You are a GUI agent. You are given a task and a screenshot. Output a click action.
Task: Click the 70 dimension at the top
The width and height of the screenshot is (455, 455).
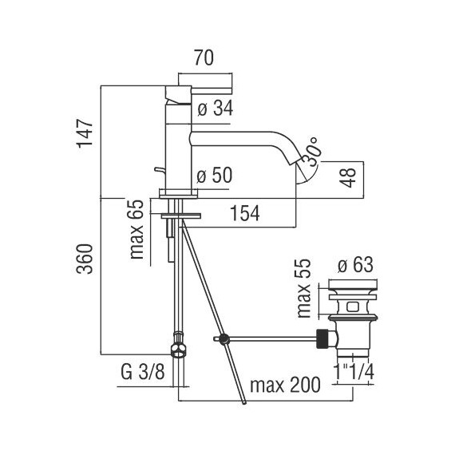[x=204, y=57]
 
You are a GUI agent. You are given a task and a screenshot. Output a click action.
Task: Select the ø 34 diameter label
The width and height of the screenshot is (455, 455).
[x=216, y=109]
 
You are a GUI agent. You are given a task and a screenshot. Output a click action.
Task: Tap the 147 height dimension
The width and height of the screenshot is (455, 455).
[x=85, y=133]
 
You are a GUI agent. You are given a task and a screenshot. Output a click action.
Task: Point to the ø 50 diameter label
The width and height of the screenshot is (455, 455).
[x=215, y=176]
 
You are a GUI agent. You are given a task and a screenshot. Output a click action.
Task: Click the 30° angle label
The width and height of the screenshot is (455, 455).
[x=311, y=152]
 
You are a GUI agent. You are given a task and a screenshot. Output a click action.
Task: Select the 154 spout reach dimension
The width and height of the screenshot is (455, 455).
[x=244, y=213]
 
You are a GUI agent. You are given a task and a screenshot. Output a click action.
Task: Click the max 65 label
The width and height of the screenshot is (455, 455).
[x=136, y=229]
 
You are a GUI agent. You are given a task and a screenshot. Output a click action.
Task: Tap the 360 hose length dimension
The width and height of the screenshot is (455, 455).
[x=85, y=259]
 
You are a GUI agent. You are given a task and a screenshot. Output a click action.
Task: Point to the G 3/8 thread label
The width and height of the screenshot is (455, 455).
[x=143, y=372]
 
